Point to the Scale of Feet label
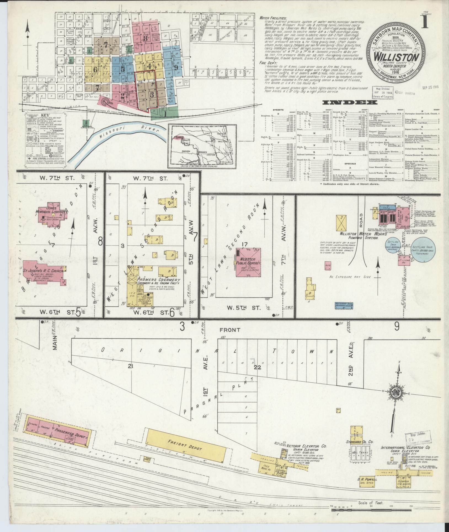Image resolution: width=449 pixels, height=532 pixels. (x=371, y=503)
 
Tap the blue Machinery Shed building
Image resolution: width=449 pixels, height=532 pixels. (x=344, y=305)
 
